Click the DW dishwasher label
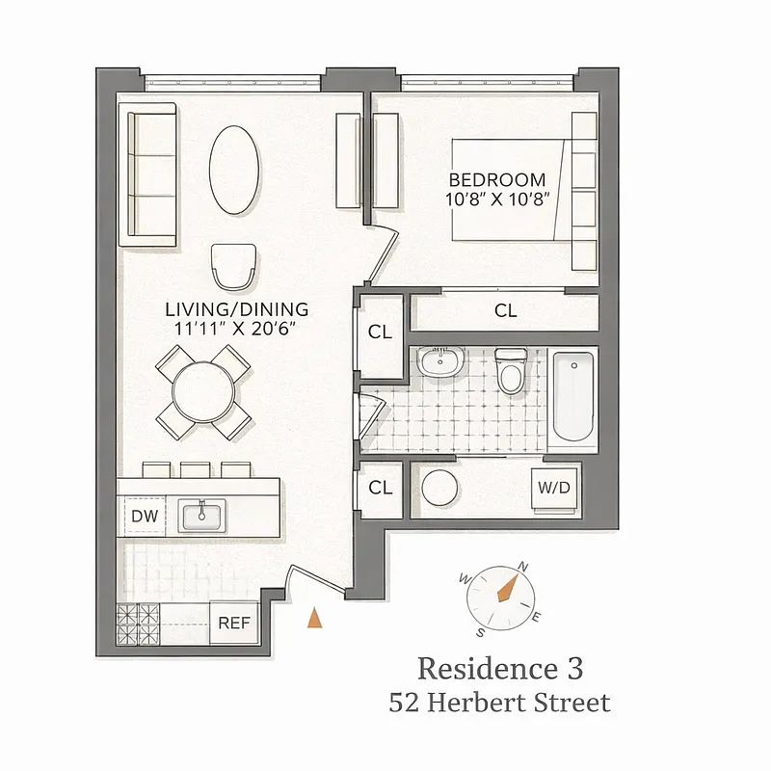click(x=145, y=517)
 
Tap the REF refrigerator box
click(x=234, y=623)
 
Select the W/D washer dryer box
click(x=553, y=489)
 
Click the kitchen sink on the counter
click(x=202, y=517)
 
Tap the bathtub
click(x=572, y=397)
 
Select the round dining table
click(x=203, y=391)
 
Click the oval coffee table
click(x=234, y=172)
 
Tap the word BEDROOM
click(x=497, y=180)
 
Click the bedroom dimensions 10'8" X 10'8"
click(x=497, y=199)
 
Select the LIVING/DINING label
click(x=236, y=309)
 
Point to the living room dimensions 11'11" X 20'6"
click(x=236, y=329)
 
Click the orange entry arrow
click(x=314, y=619)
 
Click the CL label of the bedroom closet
click(x=505, y=311)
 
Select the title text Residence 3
click(x=499, y=668)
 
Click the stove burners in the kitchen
click(x=137, y=624)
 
